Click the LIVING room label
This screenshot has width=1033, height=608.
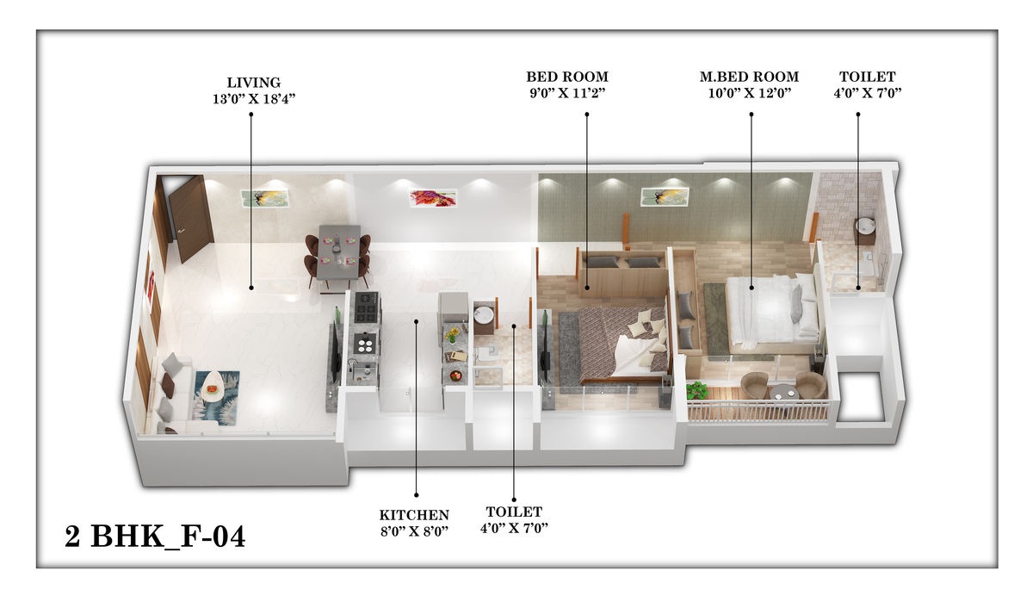pyautogui.click(x=254, y=83)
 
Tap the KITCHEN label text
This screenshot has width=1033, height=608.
pyautogui.click(x=414, y=515)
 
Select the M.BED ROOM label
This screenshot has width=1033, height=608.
pyautogui.click(x=750, y=77)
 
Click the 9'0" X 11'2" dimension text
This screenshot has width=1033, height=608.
pyautogui.click(x=567, y=93)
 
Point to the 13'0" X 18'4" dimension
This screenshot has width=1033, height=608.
pyautogui.click(x=254, y=99)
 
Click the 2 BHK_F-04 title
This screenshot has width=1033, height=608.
pyautogui.click(x=155, y=537)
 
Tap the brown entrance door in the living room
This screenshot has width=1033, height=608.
pyautogui.click(x=190, y=217)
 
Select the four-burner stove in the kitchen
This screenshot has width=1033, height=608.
pyautogui.click(x=367, y=308)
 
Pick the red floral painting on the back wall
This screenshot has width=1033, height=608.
pyautogui.click(x=433, y=198)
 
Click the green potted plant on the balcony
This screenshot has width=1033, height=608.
pyautogui.click(x=696, y=390)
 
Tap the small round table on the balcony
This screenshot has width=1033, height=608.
pyautogui.click(x=783, y=393)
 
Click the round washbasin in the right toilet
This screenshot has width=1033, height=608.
pyautogui.click(x=866, y=225)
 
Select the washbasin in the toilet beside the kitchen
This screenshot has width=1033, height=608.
pyautogui.click(x=483, y=313)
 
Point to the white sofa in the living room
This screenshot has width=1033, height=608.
pyautogui.click(x=177, y=394)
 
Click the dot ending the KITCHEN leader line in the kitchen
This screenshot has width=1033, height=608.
pyautogui.click(x=416, y=321)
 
